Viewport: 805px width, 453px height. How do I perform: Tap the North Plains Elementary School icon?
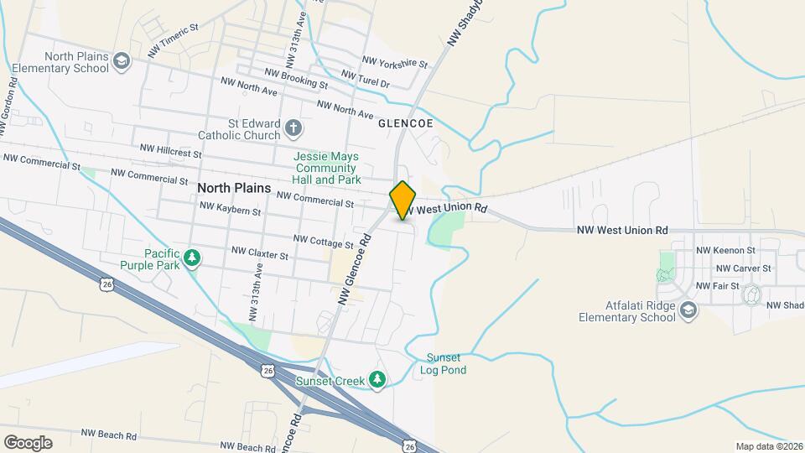122,60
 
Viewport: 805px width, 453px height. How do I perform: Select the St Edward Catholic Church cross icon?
293,128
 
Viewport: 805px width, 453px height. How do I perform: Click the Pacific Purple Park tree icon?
194,258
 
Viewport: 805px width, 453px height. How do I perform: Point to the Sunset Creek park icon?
377,381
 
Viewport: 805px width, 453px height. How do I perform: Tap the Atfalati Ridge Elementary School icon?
688,311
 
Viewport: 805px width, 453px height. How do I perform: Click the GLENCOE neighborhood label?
405,123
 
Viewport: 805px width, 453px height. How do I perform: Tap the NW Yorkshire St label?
395,62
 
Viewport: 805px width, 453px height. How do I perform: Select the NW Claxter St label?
260,253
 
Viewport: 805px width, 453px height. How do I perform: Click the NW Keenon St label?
726,250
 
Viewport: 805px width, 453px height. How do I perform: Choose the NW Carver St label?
744,268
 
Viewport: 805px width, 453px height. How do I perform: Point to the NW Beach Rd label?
109,435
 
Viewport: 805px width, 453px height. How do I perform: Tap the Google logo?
28,442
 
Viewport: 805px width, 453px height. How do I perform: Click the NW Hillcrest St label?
171,151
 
